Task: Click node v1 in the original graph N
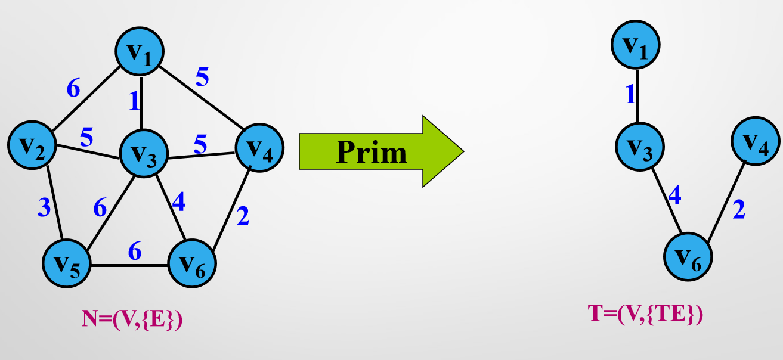pyautogui.click(x=141, y=52)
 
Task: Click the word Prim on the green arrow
pyautogui.click(x=371, y=152)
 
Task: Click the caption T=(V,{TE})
pyautogui.click(x=645, y=314)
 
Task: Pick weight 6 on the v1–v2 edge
pyautogui.click(x=73, y=89)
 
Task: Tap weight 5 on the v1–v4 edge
pyautogui.click(x=203, y=76)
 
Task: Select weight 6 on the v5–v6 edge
pyautogui.click(x=135, y=252)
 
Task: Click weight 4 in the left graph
pyautogui.click(x=178, y=203)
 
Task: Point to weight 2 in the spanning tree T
pyautogui.click(x=738, y=209)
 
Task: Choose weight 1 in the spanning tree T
pyautogui.click(x=630, y=95)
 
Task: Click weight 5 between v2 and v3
pyautogui.click(x=86, y=137)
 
